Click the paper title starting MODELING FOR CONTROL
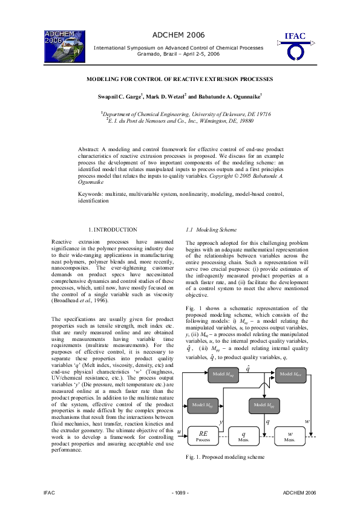180,79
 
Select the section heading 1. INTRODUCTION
113,230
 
